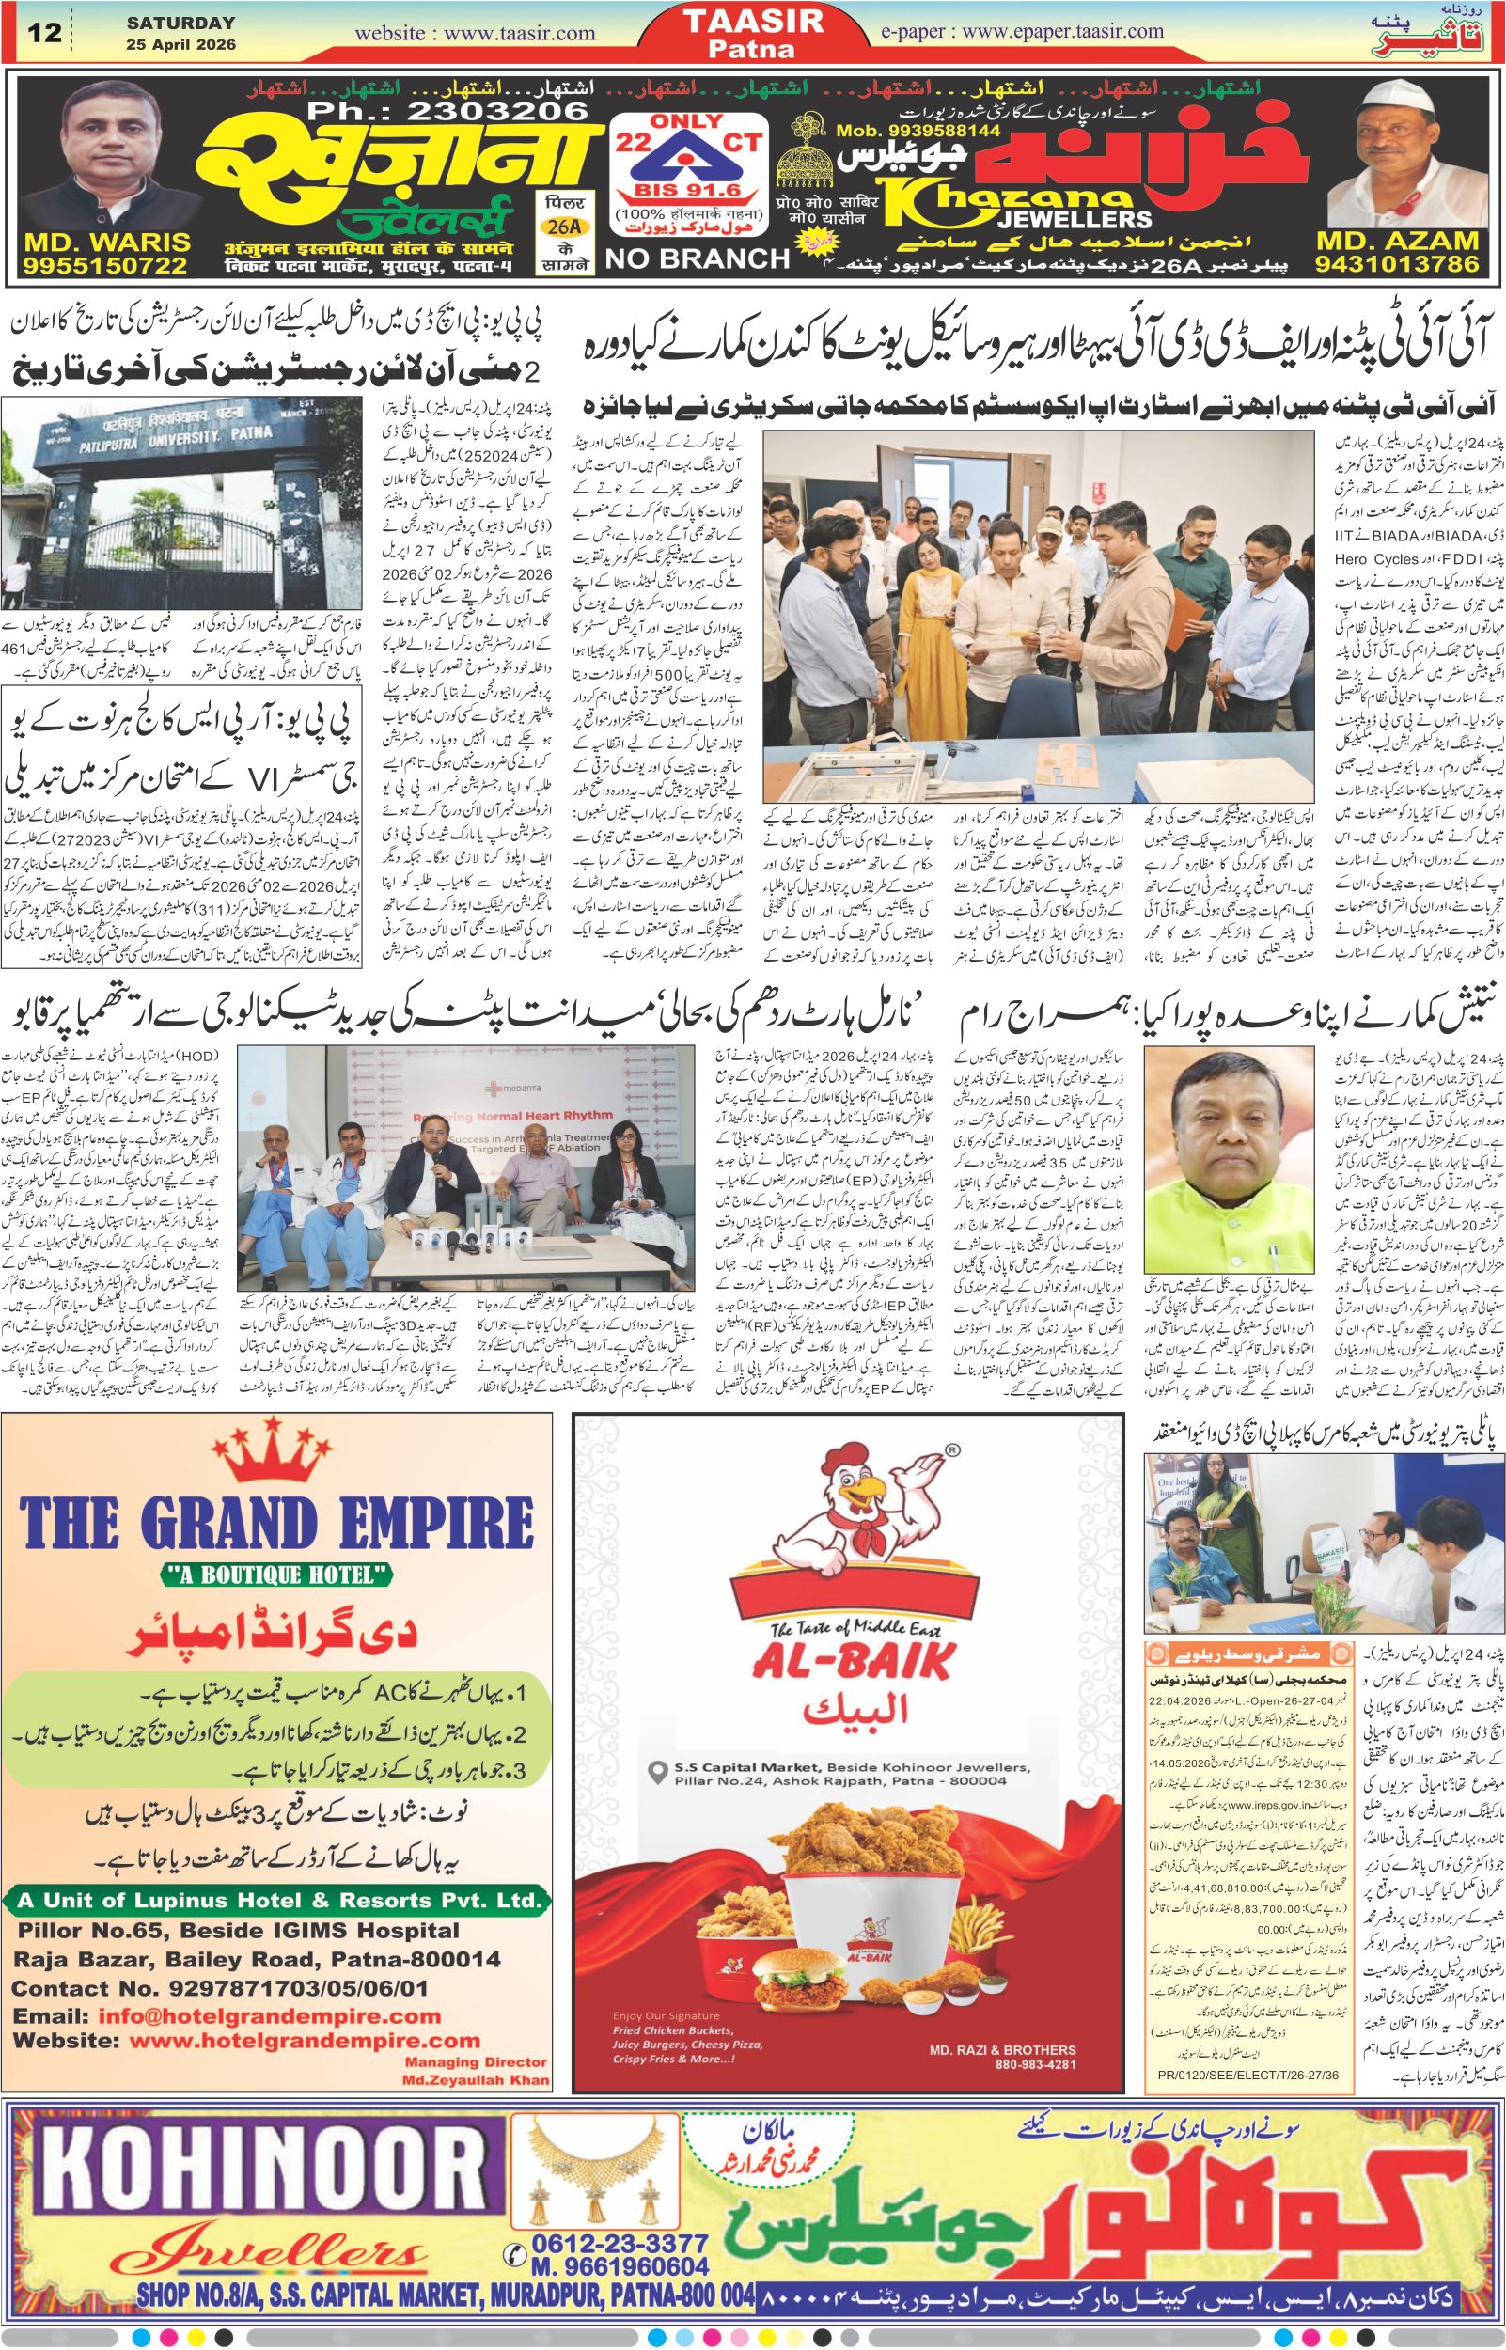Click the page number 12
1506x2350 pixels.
pyautogui.click(x=44, y=32)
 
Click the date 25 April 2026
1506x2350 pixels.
pyautogui.click(x=180, y=45)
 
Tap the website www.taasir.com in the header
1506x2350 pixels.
pyautogui.click(x=476, y=32)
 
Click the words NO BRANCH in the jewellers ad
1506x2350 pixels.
pyautogui.click(x=698, y=258)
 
